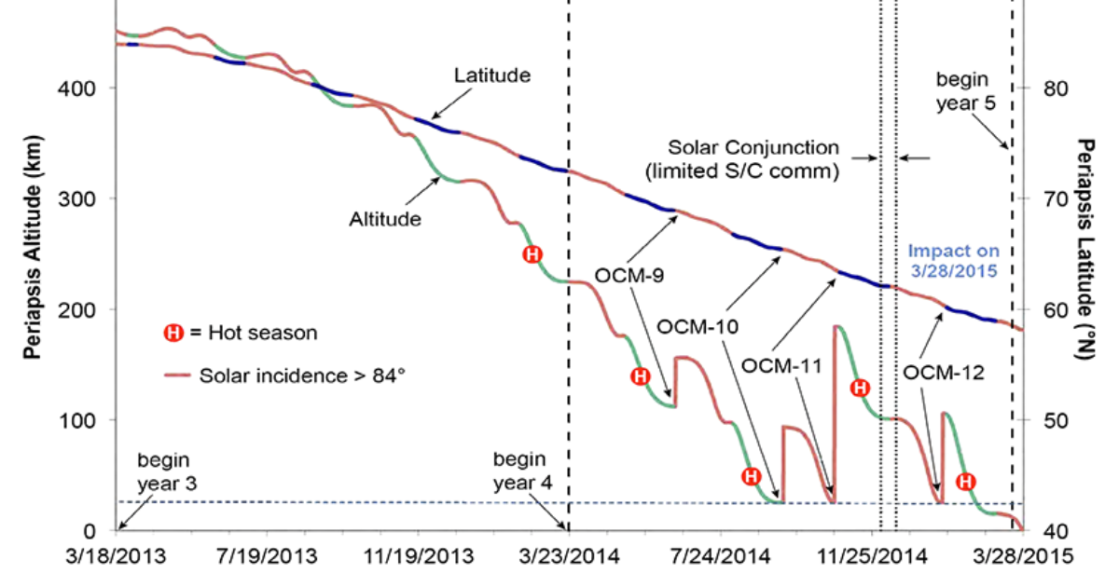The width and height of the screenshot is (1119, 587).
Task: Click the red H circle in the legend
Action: coord(173,331)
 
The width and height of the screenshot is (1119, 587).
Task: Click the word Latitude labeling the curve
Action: coord(492,75)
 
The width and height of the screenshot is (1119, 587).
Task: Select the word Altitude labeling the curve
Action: coord(385,219)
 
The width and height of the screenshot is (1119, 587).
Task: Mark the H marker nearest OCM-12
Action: coord(966,481)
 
